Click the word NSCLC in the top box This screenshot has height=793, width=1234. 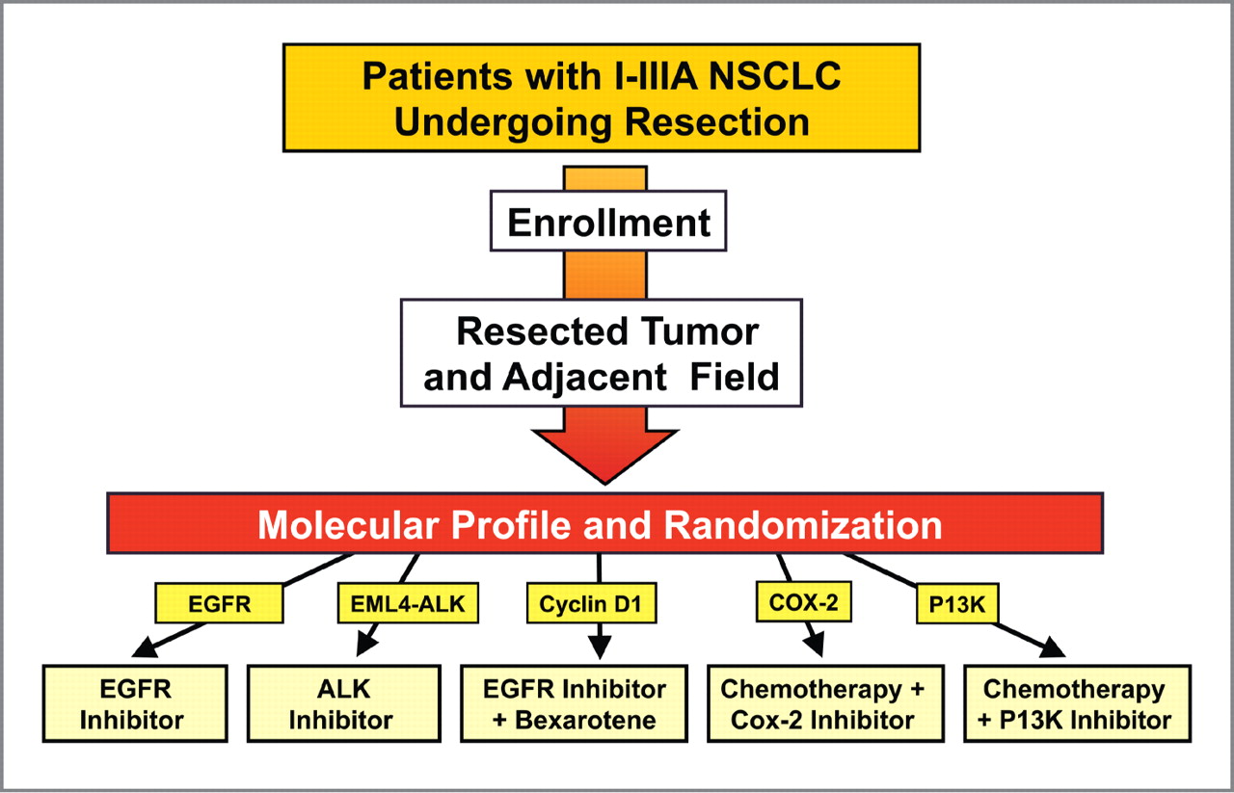774,76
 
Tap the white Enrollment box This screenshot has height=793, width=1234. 608,221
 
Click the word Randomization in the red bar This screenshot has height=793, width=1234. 803,525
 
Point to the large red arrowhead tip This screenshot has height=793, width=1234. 604,484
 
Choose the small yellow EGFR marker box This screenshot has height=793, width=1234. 219,603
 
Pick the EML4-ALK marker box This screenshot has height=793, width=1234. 408,603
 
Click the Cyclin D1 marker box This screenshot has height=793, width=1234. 591,603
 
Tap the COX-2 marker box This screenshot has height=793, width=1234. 804,602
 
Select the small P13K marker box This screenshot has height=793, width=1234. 957,604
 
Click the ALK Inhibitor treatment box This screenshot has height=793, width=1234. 344,703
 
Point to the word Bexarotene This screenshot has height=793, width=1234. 585,721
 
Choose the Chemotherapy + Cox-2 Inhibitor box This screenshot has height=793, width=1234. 825,703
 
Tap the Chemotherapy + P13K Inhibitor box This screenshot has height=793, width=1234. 1077,703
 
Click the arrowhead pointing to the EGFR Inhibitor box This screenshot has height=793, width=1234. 146,648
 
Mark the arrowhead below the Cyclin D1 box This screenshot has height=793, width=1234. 600,648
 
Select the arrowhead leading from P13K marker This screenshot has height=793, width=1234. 1052,648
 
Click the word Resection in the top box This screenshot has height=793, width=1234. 716,121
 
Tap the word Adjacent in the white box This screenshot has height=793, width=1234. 584,378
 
